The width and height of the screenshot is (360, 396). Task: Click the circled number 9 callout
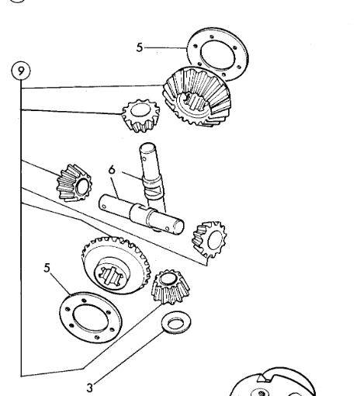[x=21, y=71]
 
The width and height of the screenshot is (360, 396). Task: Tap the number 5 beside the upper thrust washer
[x=140, y=47]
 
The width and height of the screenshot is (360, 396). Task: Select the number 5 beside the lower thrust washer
[x=47, y=268]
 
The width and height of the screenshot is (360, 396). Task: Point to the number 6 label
[x=112, y=169]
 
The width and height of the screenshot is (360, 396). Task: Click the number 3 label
[x=89, y=387]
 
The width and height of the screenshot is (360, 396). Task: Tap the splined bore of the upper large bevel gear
[x=195, y=102]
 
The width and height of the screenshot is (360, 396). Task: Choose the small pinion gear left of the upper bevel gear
[x=141, y=116]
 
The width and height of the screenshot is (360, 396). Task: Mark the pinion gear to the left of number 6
[x=74, y=183]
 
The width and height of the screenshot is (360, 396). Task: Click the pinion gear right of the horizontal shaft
[x=209, y=239]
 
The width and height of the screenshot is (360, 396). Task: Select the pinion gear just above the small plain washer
[x=171, y=287]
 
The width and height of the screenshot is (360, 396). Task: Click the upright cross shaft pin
[x=152, y=177]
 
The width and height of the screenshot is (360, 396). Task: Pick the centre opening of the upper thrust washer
[x=218, y=54]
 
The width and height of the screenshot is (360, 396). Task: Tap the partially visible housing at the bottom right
[x=272, y=382]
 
